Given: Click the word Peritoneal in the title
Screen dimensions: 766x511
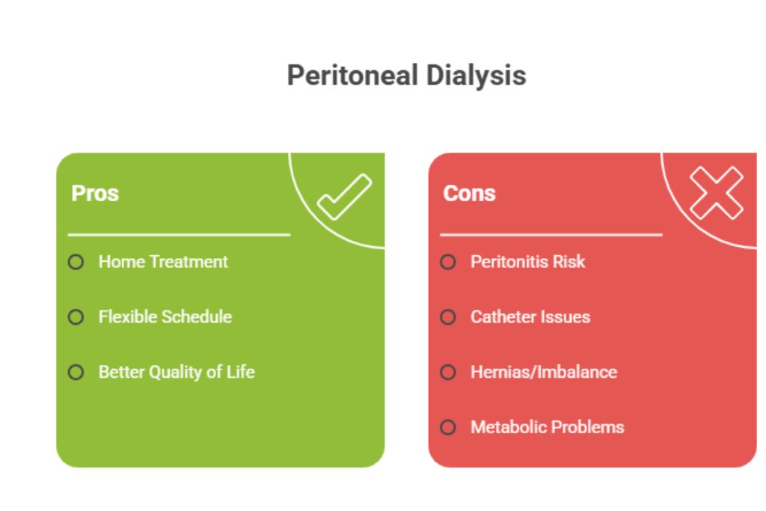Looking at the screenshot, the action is click(352, 76).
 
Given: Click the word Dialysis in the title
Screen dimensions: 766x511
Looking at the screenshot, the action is click(476, 76).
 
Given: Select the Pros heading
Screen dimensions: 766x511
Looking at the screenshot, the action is click(95, 194).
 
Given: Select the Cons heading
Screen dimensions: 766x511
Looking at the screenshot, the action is click(469, 194).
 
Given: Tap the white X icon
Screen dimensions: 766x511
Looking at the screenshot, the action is click(716, 192).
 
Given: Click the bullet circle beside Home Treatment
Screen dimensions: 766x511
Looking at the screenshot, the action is click(76, 262).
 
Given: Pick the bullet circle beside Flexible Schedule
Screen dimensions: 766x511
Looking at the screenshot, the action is click(76, 317).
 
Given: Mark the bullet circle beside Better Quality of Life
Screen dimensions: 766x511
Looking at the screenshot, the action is click(76, 373).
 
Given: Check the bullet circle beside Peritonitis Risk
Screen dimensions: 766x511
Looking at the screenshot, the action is click(448, 262).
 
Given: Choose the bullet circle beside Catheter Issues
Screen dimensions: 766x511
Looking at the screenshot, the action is click(448, 317).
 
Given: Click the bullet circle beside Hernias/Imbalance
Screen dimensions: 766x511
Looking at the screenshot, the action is click(448, 373).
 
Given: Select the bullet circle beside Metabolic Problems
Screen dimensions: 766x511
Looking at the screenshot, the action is click(448, 427).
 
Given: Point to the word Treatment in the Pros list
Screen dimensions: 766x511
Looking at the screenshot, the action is click(189, 262).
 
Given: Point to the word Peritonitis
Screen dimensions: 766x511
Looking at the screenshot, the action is click(508, 262).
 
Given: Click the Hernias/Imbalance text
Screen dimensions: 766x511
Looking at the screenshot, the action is click(544, 373).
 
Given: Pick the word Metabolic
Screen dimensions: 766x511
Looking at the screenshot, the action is click(506, 427).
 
